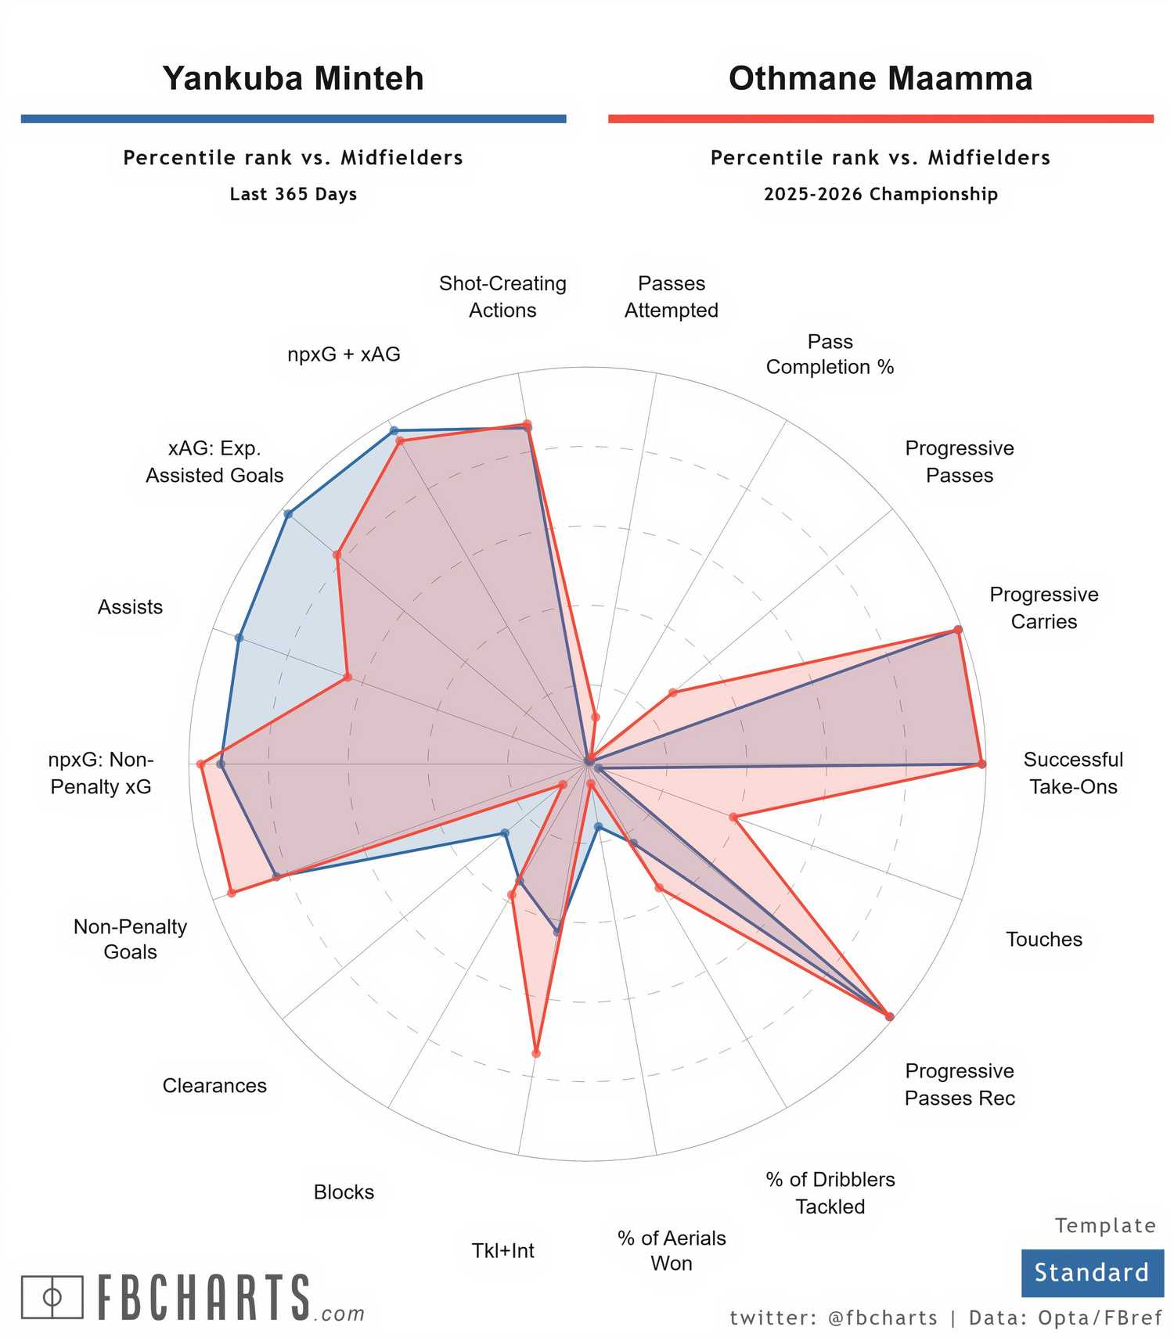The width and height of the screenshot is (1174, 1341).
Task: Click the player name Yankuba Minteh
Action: click(x=293, y=78)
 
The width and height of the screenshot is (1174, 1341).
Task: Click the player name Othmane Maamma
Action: click(x=880, y=78)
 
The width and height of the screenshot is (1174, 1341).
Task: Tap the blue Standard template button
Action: click(x=1091, y=1271)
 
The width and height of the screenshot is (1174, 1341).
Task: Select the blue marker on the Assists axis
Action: click(x=239, y=638)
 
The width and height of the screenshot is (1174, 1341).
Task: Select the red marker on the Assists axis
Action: click(x=348, y=677)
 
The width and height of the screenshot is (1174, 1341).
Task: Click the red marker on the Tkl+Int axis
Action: click(x=536, y=1053)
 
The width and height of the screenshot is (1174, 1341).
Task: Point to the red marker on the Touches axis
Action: click(x=733, y=817)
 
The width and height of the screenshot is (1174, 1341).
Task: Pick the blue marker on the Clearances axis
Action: click(x=505, y=833)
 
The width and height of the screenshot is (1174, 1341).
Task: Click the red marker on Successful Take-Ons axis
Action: click(x=981, y=764)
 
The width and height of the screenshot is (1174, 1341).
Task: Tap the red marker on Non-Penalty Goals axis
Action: click(x=232, y=893)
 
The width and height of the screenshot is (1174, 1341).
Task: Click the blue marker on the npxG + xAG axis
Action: click(x=394, y=430)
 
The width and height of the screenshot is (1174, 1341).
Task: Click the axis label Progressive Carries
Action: click(x=1043, y=608)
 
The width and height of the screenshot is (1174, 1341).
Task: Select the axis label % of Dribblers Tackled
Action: click(x=830, y=1192)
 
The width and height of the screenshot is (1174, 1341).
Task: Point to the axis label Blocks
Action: click(x=344, y=1192)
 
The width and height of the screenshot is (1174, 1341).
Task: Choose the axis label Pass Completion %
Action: click(x=830, y=354)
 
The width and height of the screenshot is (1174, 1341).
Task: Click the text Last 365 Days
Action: click(x=293, y=194)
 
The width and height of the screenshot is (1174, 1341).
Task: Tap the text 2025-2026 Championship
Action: click(x=880, y=194)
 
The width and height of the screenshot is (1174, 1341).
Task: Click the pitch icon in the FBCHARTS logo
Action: click(x=52, y=1297)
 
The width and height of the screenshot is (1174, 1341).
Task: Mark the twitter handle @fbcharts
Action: click(x=883, y=1318)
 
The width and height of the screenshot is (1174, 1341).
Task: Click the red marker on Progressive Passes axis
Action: click(x=672, y=692)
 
